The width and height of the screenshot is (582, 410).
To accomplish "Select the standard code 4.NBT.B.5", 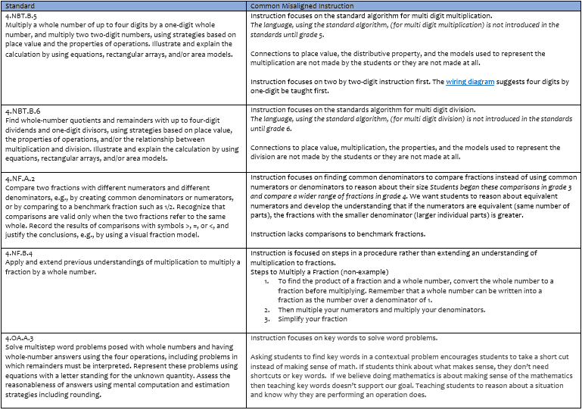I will [x=21, y=15].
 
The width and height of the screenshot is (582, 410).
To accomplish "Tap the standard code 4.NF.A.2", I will [x=20, y=177].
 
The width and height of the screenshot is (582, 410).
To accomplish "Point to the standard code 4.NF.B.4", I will [x=20, y=253].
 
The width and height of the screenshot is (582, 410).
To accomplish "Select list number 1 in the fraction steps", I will [x=267, y=281].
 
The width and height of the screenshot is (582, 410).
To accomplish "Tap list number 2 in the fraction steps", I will [x=267, y=310].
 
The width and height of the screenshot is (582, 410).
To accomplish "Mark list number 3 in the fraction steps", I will [x=267, y=319].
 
